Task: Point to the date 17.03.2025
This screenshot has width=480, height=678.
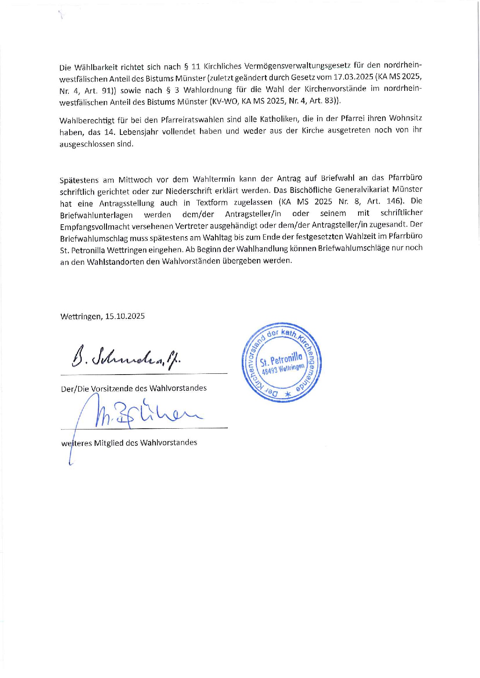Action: tap(354, 76)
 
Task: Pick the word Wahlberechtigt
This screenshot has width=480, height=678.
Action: tap(86, 120)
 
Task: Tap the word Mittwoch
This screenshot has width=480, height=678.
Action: tap(135, 179)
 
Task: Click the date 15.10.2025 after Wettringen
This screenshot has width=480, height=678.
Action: tap(125, 316)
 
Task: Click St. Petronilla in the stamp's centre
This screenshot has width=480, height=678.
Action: tap(281, 360)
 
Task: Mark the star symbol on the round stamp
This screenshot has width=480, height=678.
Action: tap(287, 394)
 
